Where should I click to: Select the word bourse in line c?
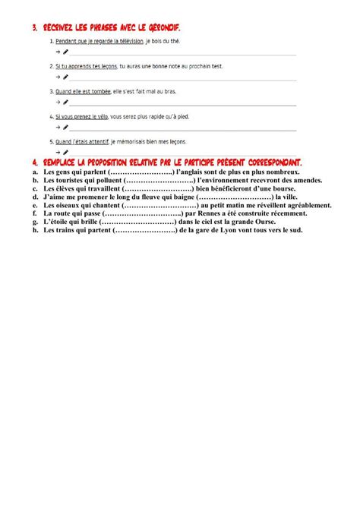pos(282,188)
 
